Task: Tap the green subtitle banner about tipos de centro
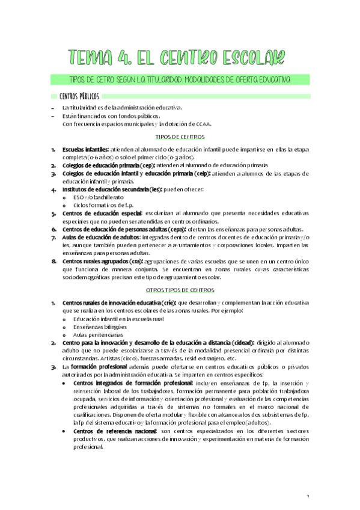click(180, 80)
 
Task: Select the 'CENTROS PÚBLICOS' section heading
click(79, 96)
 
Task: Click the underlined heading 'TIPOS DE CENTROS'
click(180, 137)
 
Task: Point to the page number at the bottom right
click(307, 496)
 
